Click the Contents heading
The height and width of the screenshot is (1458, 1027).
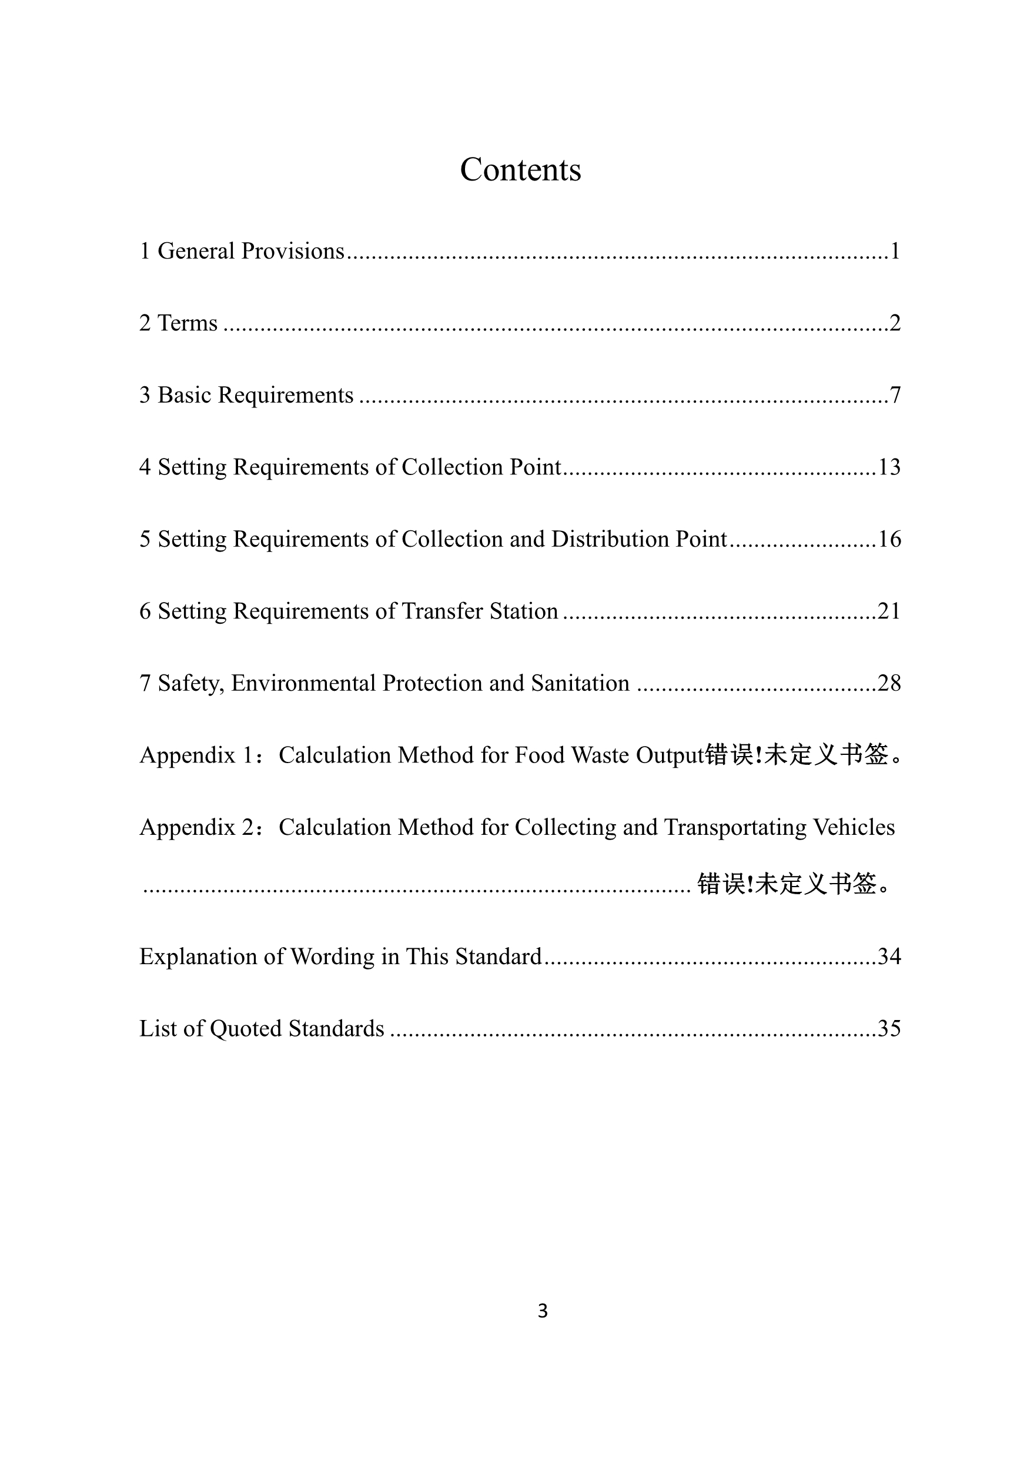tap(520, 169)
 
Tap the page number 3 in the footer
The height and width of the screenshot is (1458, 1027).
tap(543, 1310)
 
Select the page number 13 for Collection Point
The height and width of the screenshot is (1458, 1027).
tap(889, 467)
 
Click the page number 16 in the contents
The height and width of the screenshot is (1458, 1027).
tap(889, 539)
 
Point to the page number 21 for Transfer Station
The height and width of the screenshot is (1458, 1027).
tap(889, 611)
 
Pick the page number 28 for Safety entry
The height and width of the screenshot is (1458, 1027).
tap(889, 683)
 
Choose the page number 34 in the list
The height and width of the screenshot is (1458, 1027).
tap(889, 957)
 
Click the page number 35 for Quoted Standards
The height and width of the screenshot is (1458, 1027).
tap(889, 1028)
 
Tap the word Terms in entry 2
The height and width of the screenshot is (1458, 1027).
tap(188, 323)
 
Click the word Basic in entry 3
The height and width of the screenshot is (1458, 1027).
tap(184, 395)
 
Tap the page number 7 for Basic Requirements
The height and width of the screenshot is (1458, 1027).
tap(895, 395)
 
